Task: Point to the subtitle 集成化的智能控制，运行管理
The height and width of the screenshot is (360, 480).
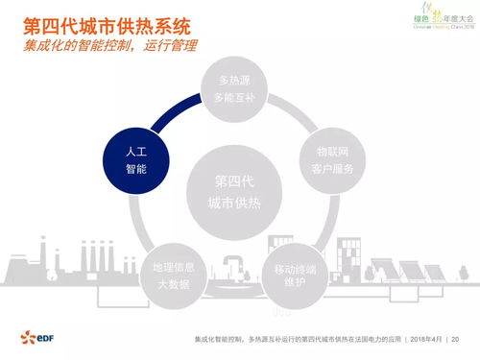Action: point(111,47)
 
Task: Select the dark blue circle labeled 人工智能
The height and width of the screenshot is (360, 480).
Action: point(136,159)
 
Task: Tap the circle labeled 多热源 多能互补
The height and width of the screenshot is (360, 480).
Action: point(235,90)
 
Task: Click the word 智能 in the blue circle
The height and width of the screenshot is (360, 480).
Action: point(136,169)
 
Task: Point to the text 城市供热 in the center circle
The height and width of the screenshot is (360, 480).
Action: point(236,201)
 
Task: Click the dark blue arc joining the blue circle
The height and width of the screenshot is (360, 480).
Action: point(169,114)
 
